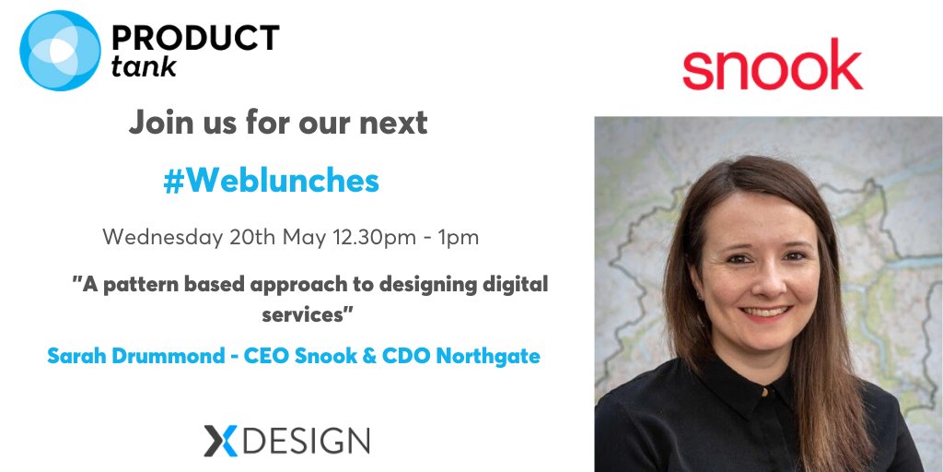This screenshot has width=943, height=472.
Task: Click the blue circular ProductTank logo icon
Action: [59, 51]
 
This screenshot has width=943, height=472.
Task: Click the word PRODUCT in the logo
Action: [194, 38]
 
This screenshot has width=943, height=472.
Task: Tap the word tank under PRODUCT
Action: [144, 66]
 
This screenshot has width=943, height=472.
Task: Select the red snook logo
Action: [772, 65]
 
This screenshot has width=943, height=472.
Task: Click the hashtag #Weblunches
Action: [271, 181]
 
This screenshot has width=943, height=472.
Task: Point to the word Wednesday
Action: [162, 237]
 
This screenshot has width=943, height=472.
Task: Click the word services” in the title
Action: [309, 313]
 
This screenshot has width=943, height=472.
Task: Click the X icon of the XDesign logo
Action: [221, 441]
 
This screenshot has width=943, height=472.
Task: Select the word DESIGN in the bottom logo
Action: [308, 441]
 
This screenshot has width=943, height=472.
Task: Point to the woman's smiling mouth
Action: [765, 312]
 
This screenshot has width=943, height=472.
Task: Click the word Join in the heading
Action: [159, 123]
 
